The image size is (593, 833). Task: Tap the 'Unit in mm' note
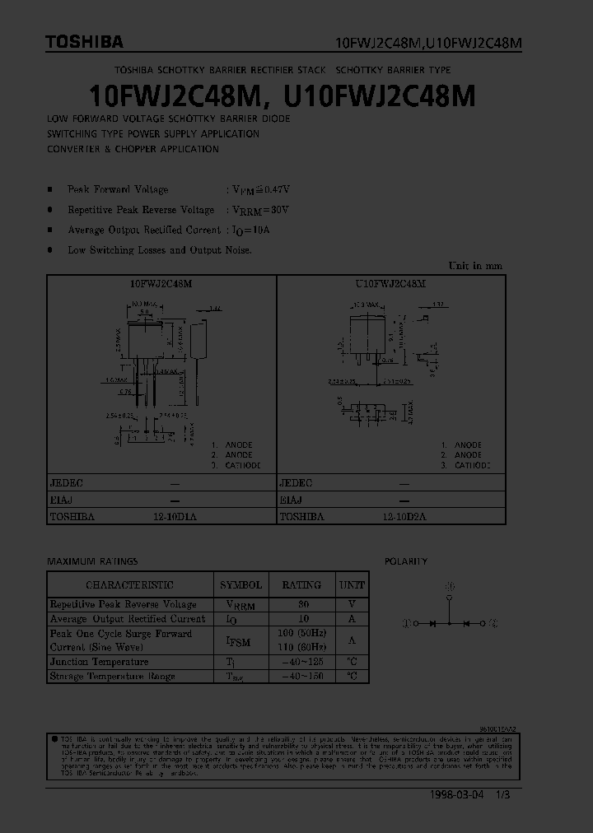(x=474, y=266)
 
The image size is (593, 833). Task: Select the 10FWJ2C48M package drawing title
(x=161, y=283)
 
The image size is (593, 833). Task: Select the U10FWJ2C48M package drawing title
(x=390, y=283)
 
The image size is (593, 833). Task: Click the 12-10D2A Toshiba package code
(x=404, y=516)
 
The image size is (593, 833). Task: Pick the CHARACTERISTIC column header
(x=130, y=585)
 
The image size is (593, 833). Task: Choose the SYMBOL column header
(x=240, y=585)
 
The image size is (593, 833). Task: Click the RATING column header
(x=301, y=585)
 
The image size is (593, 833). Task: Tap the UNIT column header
(x=352, y=585)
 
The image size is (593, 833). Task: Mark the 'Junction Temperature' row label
(x=99, y=662)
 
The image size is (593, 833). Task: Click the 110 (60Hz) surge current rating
(x=301, y=647)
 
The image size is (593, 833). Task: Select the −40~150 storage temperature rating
(x=301, y=677)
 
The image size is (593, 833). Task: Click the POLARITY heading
(x=406, y=561)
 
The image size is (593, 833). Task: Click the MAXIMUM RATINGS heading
(x=92, y=561)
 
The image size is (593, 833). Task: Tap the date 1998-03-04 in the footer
(x=457, y=797)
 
